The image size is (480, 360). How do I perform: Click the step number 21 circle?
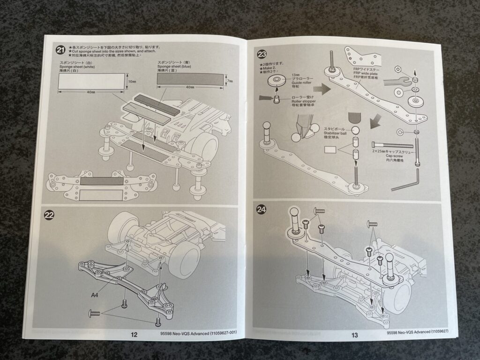click(x=60, y=50)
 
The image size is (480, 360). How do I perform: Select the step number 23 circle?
click(x=261, y=53)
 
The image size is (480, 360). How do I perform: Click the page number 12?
click(x=134, y=335)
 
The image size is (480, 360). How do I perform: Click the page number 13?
click(x=354, y=335)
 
